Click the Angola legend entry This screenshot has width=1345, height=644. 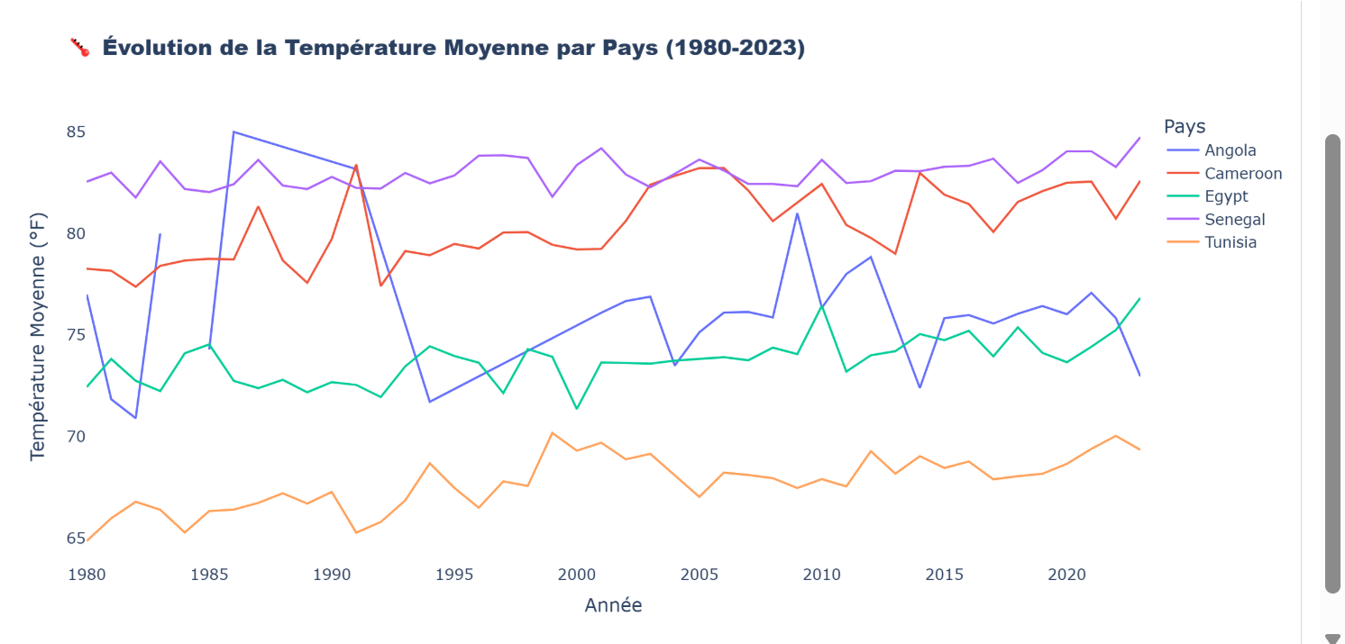[1230, 150]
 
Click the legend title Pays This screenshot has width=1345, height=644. [1185, 126]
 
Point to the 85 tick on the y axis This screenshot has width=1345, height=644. [76, 132]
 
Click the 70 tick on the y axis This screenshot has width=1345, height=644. [76, 437]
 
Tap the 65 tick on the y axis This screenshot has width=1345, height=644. [76, 539]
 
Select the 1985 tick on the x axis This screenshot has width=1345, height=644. [209, 574]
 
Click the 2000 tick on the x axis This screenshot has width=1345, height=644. [576, 574]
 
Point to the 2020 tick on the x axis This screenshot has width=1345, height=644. [1066, 574]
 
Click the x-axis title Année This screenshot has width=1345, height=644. [613, 605]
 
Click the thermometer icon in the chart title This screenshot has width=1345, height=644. [80, 48]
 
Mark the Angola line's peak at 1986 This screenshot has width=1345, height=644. [233, 132]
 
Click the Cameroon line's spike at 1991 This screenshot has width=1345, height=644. [356, 165]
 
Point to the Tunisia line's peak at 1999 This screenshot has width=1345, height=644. [552, 432]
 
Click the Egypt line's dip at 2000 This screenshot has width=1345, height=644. [576, 409]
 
